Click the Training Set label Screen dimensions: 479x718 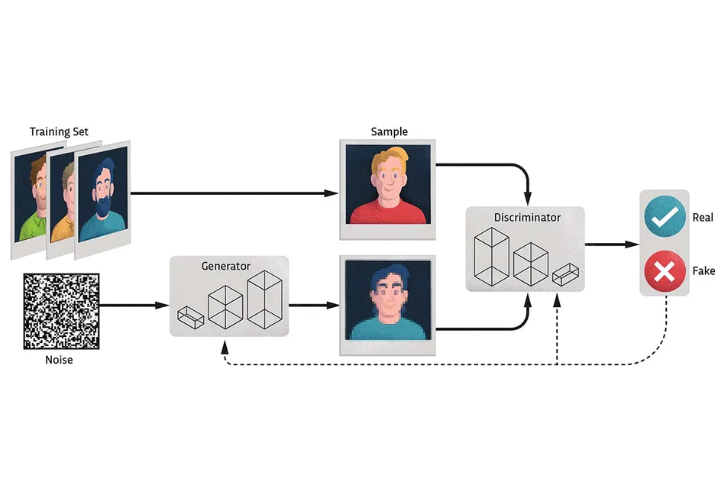pyautogui.click(x=59, y=131)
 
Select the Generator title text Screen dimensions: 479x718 pyautogui.click(x=225, y=267)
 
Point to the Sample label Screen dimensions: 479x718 pyautogui.click(x=389, y=131)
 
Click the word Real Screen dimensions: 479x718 pyautogui.click(x=702, y=218)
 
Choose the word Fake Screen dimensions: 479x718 pyautogui.click(x=703, y=270)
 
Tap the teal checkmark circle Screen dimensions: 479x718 pyautogui.click(x=664, y=218)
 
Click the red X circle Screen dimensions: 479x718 pyautogui.click(x=664, y=271)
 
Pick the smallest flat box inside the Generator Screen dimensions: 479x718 pyautogui.click(x=190, y=316)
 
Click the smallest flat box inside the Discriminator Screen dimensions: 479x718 pyautogui.click(x=564, y=274)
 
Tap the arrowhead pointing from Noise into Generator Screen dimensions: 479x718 pyautogui.click(x=163, y=306)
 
